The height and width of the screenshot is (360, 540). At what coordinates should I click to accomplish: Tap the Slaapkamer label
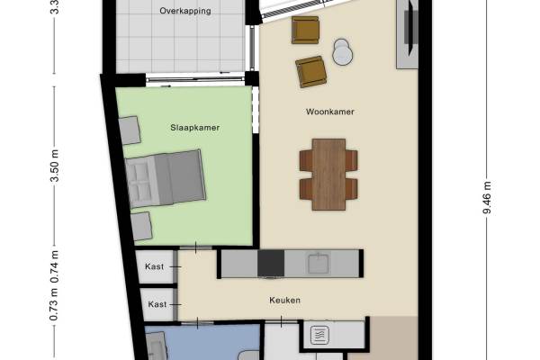click(x=195, y=128)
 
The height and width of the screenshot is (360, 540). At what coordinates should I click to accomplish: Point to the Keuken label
click(x=284, y=301)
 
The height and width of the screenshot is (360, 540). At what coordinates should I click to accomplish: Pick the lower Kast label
click(x=157, y=305)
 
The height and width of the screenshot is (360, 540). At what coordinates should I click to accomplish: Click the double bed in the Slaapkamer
click(x=166, y=178)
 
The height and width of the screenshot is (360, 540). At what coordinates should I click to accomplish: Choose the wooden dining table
click(x=328, y=174)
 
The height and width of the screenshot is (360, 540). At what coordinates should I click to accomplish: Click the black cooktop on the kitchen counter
click(x=271, y=264)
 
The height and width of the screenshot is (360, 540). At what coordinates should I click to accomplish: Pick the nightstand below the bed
click(x=140, y=226)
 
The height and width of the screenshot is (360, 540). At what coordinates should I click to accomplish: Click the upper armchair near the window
click(x=306, y=30)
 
